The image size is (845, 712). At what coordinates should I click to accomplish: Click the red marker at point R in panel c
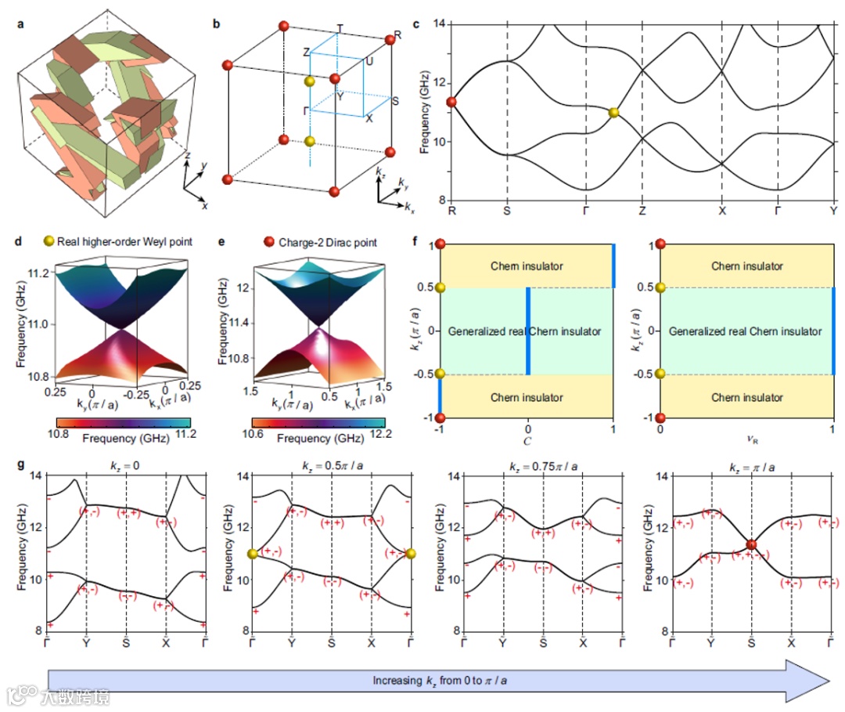(451, 102)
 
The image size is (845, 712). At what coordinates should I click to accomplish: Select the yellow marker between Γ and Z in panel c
(613, 113)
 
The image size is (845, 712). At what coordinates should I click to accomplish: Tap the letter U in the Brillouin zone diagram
(369, 60)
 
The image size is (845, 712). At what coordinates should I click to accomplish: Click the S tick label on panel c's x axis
(507, 211)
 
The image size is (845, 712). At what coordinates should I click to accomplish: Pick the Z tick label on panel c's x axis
(642, 211)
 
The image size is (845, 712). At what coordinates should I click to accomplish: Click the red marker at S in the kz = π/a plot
(751, 544)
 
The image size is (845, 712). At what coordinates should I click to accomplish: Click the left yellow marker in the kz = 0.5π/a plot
(252, 555)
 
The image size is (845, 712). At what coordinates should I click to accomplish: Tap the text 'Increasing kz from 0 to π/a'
(439, 680)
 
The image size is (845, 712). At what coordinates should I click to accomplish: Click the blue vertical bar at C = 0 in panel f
(528, 331)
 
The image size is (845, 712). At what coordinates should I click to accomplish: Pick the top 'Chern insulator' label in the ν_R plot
(747, 266)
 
